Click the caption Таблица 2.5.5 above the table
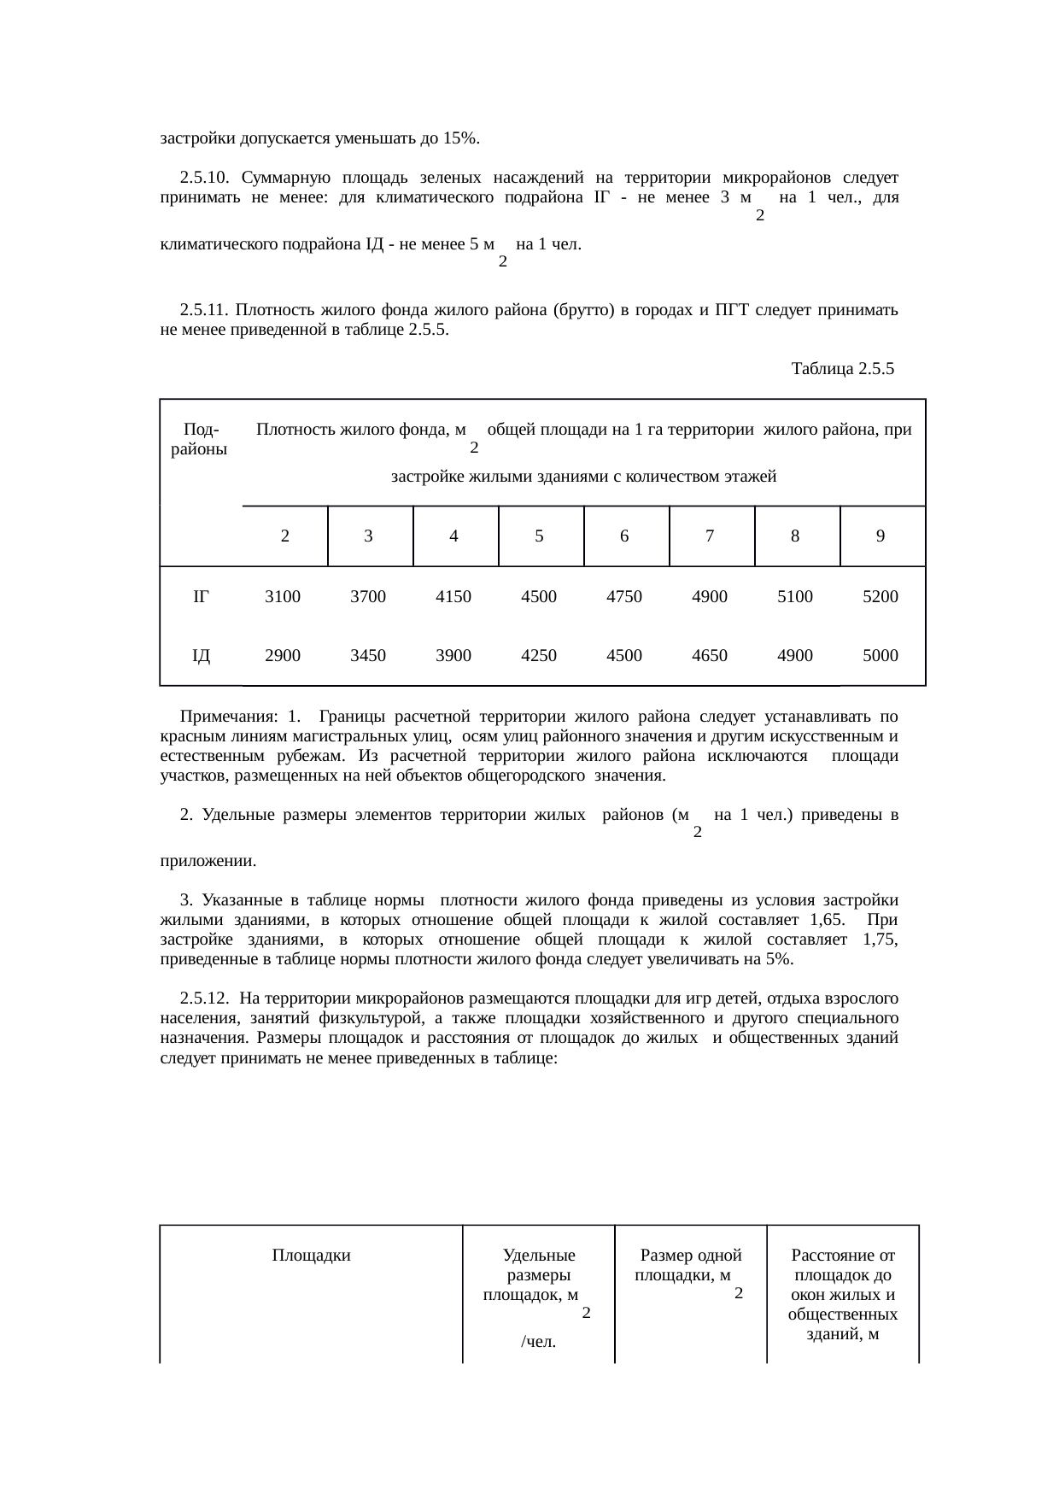point(842,369)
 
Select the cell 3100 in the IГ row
point(283,597)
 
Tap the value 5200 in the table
point(880,597)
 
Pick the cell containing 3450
point(368,656)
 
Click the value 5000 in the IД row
point(880,656)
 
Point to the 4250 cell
point(539,656)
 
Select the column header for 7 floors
point(710,536)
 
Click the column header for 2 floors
point(284,536)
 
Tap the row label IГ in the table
point(201,597)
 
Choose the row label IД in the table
point(201,656)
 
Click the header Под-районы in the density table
point(200,439)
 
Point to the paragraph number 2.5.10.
point(203,178)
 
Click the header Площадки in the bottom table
point(311,1255)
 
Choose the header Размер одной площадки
point(690,1265)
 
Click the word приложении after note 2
point(208,861)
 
